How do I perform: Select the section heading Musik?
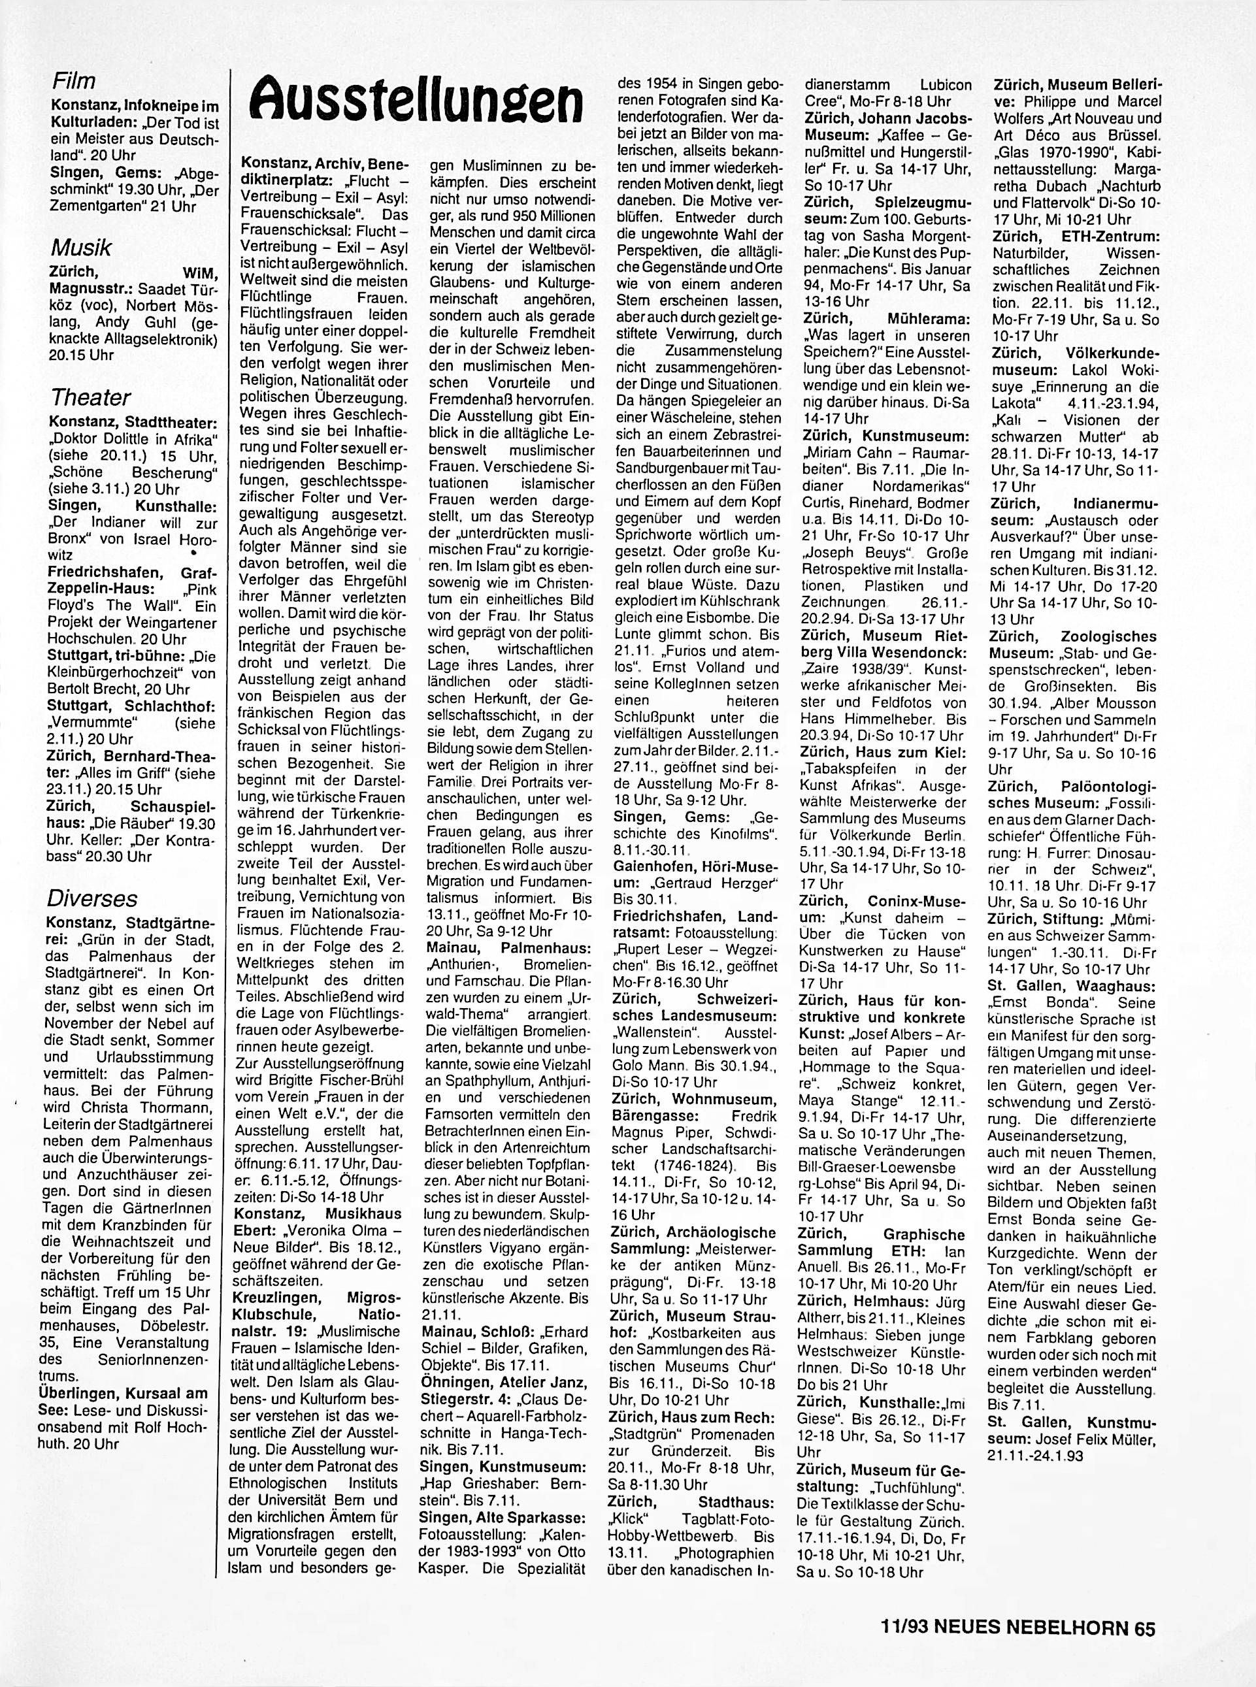[x=80, y=247]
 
